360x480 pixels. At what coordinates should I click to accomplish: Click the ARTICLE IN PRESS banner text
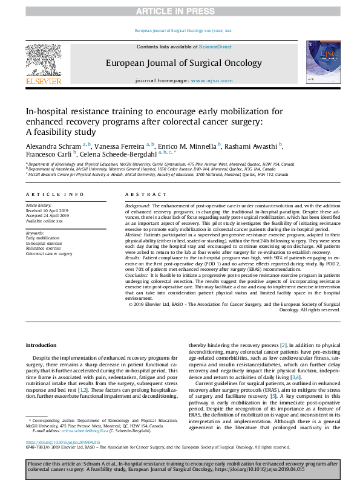(x=180, y=11)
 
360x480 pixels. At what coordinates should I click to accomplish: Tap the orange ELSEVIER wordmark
(x=43, y=81)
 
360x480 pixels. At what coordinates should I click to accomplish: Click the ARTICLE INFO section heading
(x=54, y=194)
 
